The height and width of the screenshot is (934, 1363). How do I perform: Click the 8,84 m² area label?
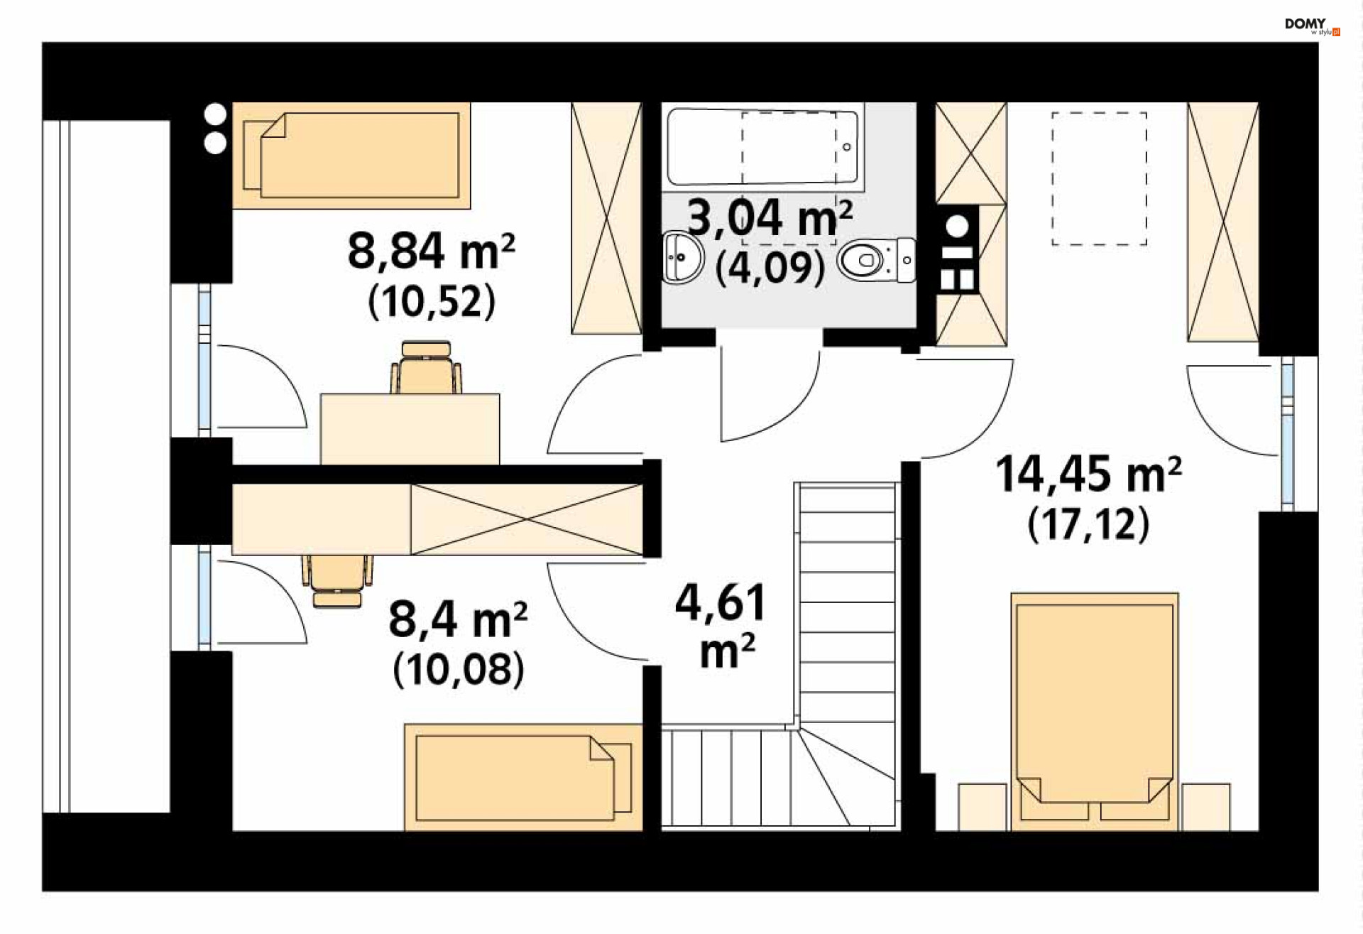pyautogui.click(x=431, y=251)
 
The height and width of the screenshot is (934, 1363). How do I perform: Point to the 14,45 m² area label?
pyautogui.click(x=1088, y=474)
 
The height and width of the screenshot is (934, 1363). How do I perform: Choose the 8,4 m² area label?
pyautogui.click(x=458, y=619)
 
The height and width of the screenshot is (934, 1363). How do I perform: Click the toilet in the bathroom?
pyautogui.click(x=877, y=260)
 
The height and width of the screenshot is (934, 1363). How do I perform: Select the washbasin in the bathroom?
pyautogui.click(x=683, y=256)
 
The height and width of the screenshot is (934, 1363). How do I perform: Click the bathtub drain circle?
pyautogui.click(x=846, y=147)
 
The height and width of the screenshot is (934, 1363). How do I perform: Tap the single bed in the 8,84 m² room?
pyautogui.click(x=351, y=156)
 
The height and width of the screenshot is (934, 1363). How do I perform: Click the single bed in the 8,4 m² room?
pyautogui.click(x=524, y=777)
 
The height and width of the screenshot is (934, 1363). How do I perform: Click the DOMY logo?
pyautogui.click(x=1312, y=26)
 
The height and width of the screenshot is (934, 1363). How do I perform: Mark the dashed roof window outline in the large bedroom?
pyautogui.click(x=1099, y=178)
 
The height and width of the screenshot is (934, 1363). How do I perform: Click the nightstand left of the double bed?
pyautogui.click(x=982, y=807)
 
